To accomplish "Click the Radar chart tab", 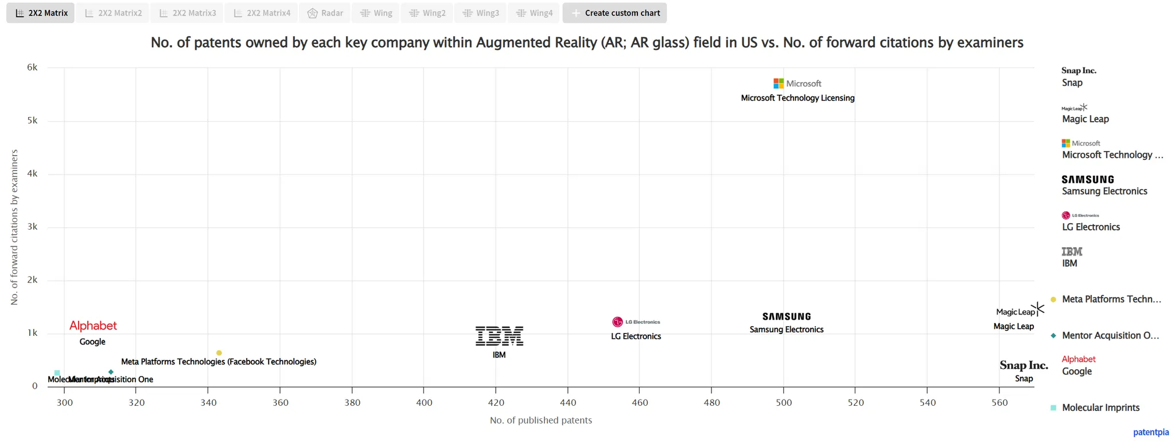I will tap(325, 13).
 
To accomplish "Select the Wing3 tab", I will tap(481, 13).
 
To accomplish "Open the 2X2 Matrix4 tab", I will tap(262, 13).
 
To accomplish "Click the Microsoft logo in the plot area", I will tap(797, 84).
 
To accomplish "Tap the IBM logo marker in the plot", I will tap(499, 336).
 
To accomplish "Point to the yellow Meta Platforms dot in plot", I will tap(219, 353).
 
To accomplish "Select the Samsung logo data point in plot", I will tap(787, 316).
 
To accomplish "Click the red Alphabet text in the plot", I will tap(93, 325).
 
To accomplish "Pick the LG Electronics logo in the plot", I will tap(636, 322).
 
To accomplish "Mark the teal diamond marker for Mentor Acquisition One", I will tap(111, 372).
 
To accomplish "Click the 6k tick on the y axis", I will tap(32, 67).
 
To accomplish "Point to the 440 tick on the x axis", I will tap(567, 402).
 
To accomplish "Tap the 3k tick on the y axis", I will tap(32, 227).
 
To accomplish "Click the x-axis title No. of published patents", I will tap(540, 420).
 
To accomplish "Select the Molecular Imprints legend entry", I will tap(1100, 408).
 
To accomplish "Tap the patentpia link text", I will tap(1150, 432).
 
